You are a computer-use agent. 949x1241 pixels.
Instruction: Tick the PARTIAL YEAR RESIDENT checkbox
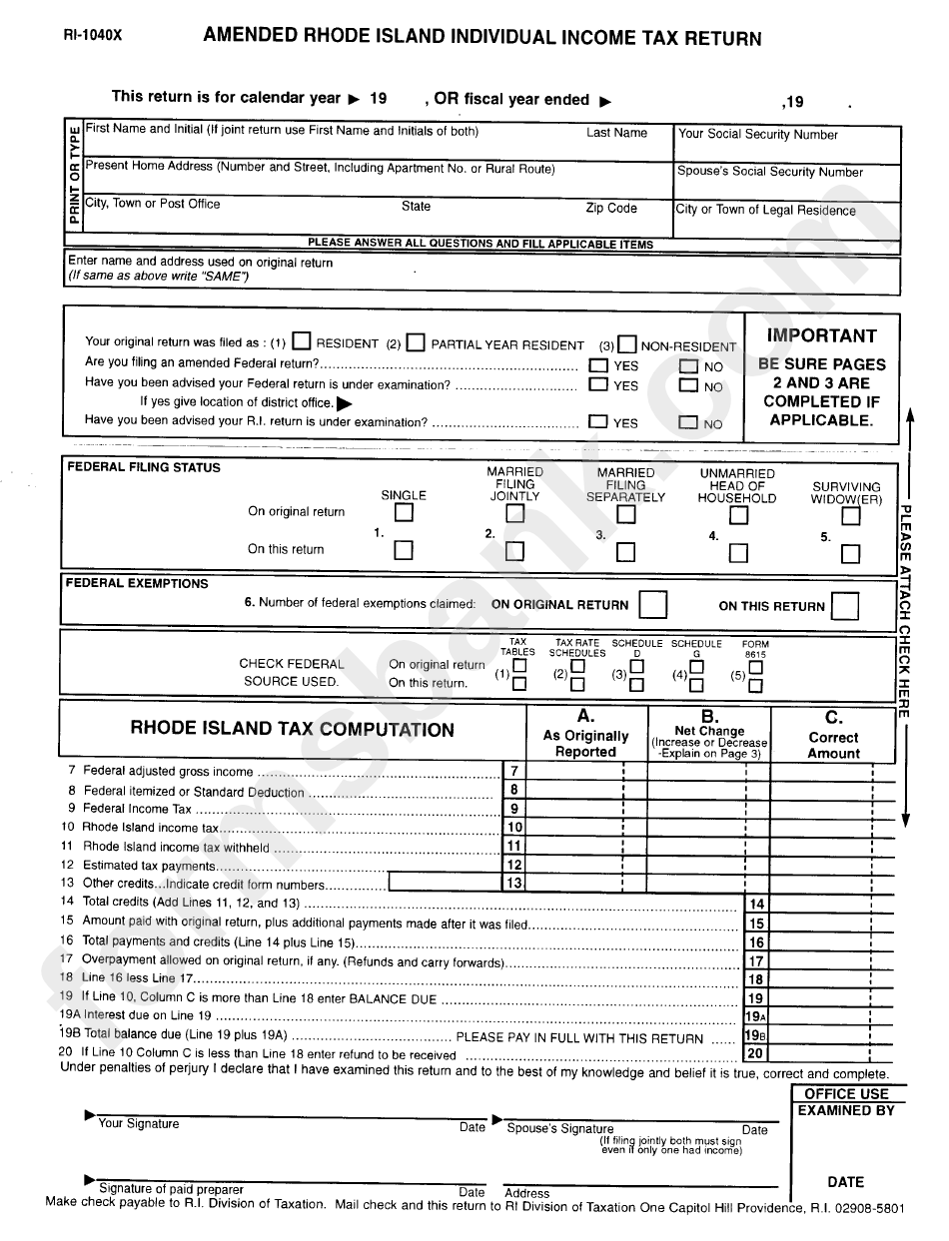[x=416, y=342]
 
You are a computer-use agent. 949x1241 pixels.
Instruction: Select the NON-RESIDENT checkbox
[x=626, y=344]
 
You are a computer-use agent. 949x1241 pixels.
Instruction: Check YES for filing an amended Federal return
[x=598, y=366]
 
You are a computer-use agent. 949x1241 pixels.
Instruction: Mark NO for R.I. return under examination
[x=688, y=422]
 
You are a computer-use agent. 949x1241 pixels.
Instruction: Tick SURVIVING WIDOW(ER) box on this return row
[x=850, y=553]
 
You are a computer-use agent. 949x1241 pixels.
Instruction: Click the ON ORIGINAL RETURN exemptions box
[x=652, y=605]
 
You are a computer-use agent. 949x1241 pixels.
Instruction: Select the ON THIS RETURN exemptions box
[x=844, y=606]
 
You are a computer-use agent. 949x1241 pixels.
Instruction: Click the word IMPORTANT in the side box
[x=821, y=336]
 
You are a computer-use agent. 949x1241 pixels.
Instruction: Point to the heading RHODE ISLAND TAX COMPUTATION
[x=292, y=730]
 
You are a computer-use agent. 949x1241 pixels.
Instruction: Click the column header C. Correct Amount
[x=833, y=735]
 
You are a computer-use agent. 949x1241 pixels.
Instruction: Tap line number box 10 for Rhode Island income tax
[x=514, y=828]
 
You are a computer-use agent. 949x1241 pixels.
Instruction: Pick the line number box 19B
[x=756, y=1036]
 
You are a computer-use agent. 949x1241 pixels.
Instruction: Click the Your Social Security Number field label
[x=758, y=135]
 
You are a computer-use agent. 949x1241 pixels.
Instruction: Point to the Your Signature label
[x=139, y=1124]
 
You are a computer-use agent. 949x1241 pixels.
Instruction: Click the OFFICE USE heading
[x=846, y=1094]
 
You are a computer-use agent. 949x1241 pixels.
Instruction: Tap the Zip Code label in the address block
[x=610, y=209]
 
